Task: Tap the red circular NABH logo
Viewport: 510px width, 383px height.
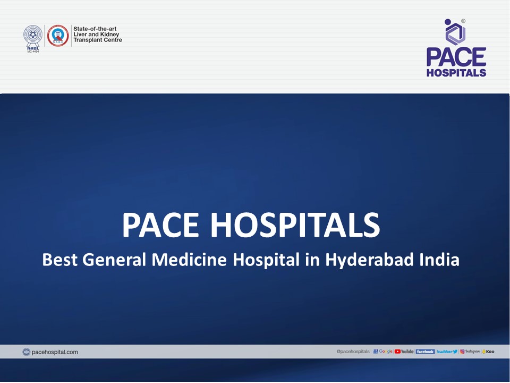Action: [58, 35]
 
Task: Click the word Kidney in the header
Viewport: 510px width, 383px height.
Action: [108, 34]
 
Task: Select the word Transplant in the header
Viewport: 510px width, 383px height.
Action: [90, 40]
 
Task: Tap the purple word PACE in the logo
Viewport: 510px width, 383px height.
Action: [456, 57]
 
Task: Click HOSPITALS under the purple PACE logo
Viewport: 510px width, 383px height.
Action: [456, 72]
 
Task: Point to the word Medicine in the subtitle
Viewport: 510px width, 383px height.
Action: [189, 261]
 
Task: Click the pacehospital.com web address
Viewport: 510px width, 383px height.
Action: [55, 352]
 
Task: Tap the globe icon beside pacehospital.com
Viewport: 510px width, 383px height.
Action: [27, 352]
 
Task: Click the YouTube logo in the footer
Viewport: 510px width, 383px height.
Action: [404, 352]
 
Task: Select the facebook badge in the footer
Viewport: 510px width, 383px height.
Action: [425, 352]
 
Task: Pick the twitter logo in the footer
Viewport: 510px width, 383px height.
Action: [447, 352]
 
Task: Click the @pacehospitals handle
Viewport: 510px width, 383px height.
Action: [353, 352]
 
